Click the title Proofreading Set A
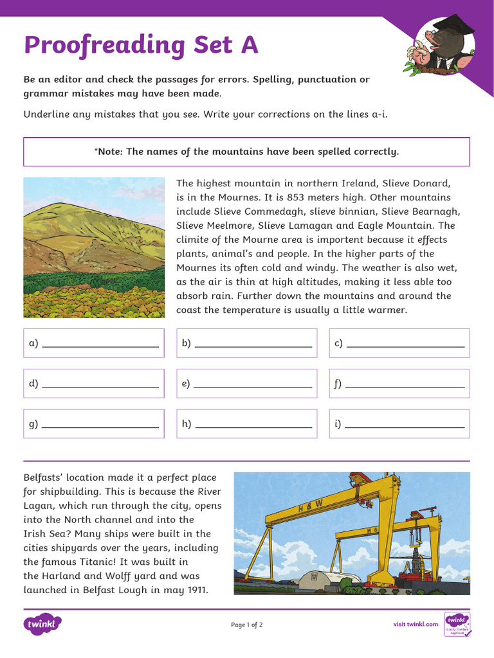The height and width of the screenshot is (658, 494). [141, 45]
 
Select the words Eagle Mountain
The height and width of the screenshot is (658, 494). [405, 226]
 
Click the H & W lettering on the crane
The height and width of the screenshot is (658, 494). [310, 504]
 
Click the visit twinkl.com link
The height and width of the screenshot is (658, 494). [416, 625]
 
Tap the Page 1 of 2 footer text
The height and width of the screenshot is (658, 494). [247, 625]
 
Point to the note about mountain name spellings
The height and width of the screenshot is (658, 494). [247, 152]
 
